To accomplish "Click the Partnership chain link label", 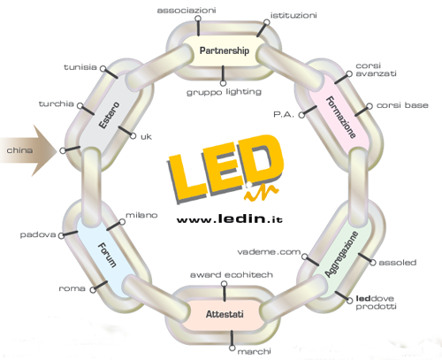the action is [225, 50].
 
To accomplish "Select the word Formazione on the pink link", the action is [340, 117].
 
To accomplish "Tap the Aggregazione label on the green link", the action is [341, 254].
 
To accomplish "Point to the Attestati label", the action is [225, 314].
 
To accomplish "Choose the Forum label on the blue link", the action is [107, 255].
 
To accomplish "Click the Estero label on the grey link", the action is [109, 115].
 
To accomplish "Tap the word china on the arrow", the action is [19, 150].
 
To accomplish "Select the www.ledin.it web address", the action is [230, 218].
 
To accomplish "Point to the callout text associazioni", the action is [187, 11].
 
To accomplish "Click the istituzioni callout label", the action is [293, 15].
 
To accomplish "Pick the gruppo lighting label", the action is [224, 92].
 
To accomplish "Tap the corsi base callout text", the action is [402, 105].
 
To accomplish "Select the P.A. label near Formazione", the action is [284, 114].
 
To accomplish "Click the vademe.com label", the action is [269, 252].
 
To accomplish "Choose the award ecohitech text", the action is [232, 275].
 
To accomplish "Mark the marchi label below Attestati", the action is [254, 351].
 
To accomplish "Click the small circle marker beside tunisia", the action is [103, 69].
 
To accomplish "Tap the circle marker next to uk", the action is [133, 136].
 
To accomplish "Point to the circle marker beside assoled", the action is [373, 263].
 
